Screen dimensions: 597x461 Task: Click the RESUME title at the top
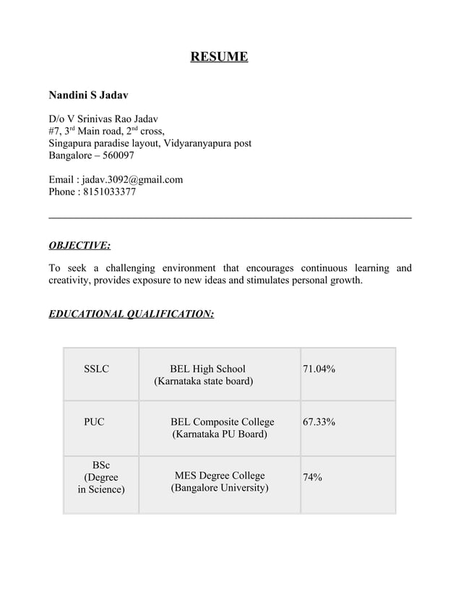coord(219,56)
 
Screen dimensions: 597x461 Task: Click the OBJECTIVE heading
coord(79,245)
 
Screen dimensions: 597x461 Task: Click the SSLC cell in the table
coord(97,369)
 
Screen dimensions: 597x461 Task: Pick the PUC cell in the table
coord(94,421)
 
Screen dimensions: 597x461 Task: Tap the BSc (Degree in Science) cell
coord(101,477)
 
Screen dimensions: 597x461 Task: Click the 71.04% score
coord(319,369)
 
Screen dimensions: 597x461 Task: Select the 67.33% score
coord(319,421)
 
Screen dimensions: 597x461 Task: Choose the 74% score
coord(312,477)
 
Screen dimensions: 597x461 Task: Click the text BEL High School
coord(207,369)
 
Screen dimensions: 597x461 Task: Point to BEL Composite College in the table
coord(223,421)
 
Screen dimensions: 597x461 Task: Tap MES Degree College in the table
coord(220,475)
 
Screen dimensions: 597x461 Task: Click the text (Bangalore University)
coord(220,488)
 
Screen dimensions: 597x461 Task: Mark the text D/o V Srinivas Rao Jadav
coord(103,119)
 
